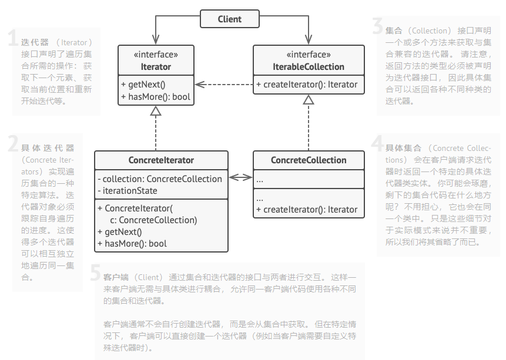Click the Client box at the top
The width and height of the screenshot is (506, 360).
click(229, 19)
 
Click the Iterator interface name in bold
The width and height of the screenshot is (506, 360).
click(156, 66)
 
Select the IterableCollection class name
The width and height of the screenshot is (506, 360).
click(309, 66)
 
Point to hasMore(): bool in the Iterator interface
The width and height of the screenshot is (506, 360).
click(156, 96)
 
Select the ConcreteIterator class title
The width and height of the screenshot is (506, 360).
click(161, 160)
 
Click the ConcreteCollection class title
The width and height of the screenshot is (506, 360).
click(309, 160)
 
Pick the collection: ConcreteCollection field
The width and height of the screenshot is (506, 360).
click(160, 179)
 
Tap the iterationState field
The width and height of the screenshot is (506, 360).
click(130, 190)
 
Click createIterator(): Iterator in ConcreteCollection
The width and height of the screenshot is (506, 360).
click(310, 209)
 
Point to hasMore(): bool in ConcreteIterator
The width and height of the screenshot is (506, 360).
click(132, 243)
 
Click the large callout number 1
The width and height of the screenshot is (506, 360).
click(12, 39)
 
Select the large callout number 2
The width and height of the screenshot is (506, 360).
click(13, 144)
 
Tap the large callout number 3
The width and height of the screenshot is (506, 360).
click(377, 26)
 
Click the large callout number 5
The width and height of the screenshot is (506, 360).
click(95, 273)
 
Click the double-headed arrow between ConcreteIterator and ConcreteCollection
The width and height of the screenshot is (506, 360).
click(240, 177)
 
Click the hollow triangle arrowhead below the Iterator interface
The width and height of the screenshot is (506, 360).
click(155, 111)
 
